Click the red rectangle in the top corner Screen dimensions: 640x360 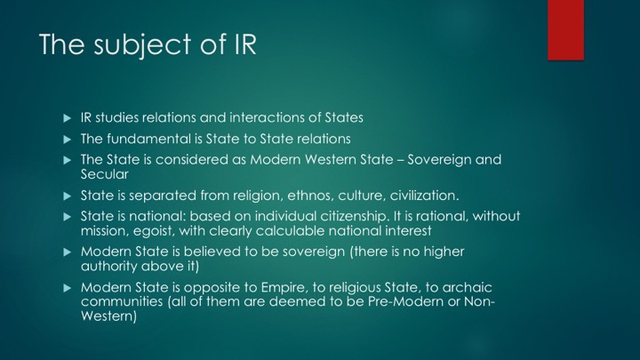(565, 30)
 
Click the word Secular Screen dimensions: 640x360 (105, 174)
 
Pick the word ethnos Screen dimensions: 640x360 (306, 196)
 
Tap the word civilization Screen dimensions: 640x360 (425, 196)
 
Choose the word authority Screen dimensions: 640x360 (108, 267)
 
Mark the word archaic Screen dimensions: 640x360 (467, 287)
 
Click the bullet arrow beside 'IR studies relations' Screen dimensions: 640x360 (68, 118)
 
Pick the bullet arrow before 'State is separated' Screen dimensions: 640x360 (68, 196)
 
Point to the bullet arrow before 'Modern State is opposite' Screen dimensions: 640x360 (68, 288)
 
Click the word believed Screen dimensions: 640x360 (212, 252)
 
